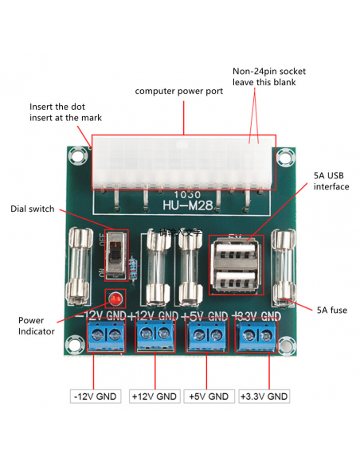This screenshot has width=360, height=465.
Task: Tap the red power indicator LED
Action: tap(115, 300)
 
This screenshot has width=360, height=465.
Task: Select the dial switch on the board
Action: tap(116, 256)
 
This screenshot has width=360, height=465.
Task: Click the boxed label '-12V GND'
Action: tap(95, 396)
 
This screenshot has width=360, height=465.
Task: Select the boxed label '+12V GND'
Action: tap(155, 396)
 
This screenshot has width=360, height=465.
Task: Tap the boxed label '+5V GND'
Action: tap(208, 396)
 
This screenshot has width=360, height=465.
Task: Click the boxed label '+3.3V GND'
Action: tap(264, 396)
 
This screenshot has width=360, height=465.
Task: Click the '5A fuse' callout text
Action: tap(332, 309)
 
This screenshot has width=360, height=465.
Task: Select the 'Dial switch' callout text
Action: tap(33, 209)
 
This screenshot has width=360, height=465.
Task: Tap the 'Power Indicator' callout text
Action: tap(36, 326)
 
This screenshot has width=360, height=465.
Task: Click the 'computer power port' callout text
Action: tap(178, 91)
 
